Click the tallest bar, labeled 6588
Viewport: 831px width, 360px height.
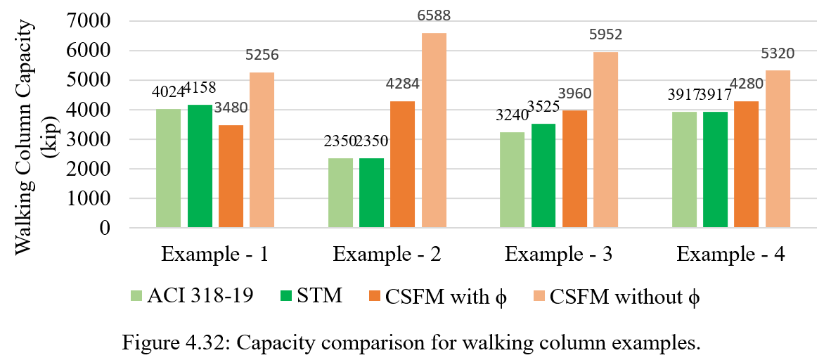[x=434, y=130]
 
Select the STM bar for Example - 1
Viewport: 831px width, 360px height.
[x=200, y=166]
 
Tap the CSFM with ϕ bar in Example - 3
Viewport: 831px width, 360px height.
[x=575, y=169]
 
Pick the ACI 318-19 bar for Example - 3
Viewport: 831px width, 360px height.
[x=512, y=180]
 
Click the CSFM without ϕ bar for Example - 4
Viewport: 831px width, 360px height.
[x=778, y=149]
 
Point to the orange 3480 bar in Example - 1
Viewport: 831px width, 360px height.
[x=231, y=176]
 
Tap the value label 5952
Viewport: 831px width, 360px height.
[x=606, y=34]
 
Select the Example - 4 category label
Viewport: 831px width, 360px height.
[x=731, y=255]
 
